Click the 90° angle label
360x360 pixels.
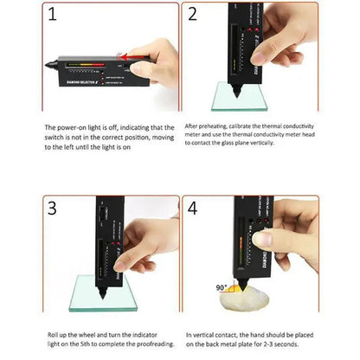(222, 286)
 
